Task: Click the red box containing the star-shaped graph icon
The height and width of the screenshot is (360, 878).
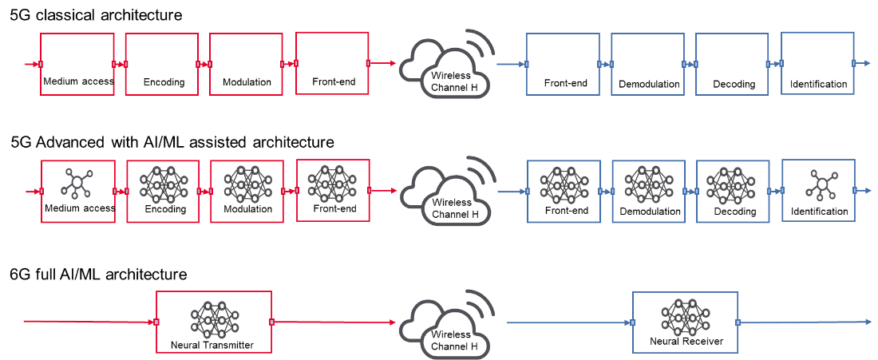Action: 78,192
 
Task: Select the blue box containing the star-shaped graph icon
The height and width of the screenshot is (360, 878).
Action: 819,190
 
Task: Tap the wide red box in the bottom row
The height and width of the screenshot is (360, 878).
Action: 214,322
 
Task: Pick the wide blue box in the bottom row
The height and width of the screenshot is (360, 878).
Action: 686,322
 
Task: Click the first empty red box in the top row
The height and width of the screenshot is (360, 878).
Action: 77,64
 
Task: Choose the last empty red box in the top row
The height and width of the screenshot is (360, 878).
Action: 332,63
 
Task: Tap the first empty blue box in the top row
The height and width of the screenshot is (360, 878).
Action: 564,65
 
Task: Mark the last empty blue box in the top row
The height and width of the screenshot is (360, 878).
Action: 817,63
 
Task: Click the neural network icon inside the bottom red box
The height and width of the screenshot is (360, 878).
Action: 213,319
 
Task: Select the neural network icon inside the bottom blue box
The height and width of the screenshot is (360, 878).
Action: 685,315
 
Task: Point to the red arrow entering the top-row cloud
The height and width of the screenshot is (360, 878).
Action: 383,63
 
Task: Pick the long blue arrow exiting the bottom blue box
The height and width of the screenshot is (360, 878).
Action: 806,322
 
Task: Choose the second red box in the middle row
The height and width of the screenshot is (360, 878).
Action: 163,192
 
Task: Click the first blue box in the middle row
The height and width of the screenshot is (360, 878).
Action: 564,192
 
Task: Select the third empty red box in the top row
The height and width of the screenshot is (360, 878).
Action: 246,64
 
